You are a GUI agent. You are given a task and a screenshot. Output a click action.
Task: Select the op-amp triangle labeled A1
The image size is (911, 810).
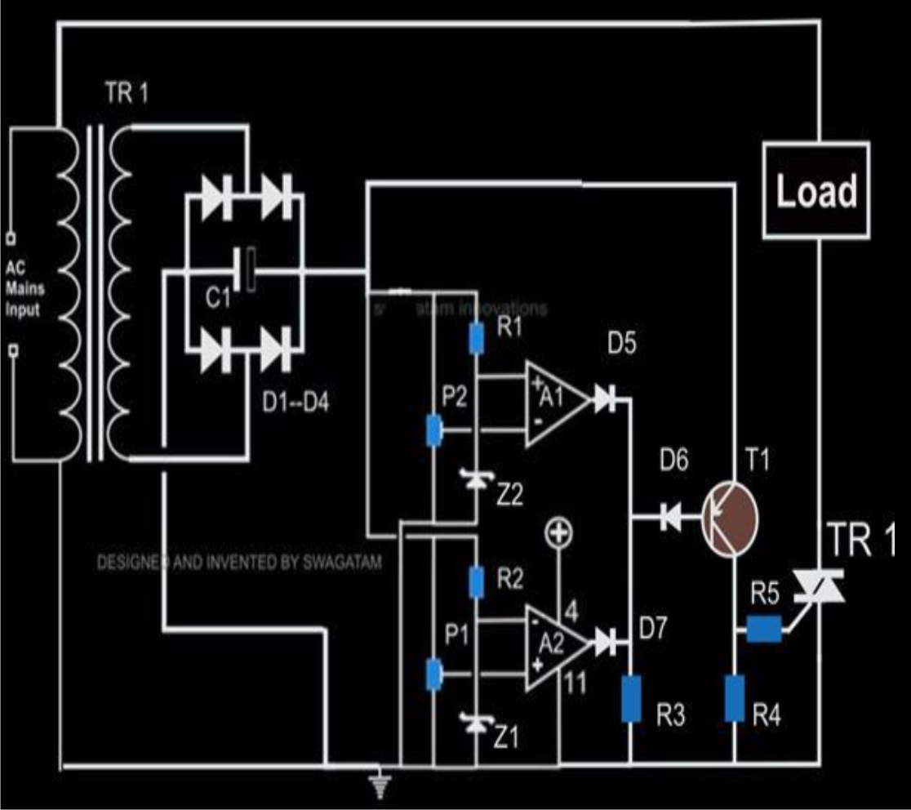coord(553,402)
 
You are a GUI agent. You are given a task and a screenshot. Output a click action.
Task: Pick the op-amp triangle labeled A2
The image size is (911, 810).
coord(553,642)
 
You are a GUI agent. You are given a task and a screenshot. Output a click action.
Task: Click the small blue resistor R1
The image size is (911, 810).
coord(477,339)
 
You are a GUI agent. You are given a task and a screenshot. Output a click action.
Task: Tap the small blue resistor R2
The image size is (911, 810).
coord(477,581)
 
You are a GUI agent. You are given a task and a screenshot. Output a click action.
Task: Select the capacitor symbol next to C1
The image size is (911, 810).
coord(247,270)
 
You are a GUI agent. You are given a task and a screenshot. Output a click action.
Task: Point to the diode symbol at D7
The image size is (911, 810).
coord(605,642)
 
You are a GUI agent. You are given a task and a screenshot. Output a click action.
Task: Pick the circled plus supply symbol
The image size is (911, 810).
coord(559,535)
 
